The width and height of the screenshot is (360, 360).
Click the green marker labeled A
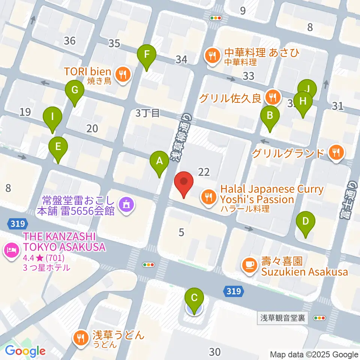159,162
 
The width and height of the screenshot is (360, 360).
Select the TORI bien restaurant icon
122,73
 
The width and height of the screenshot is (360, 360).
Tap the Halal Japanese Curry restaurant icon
207,195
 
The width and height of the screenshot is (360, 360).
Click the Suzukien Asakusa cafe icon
249,266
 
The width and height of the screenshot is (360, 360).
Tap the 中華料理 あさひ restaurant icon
213,55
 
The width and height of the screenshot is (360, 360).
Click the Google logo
25,351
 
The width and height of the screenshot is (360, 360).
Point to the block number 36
70,40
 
